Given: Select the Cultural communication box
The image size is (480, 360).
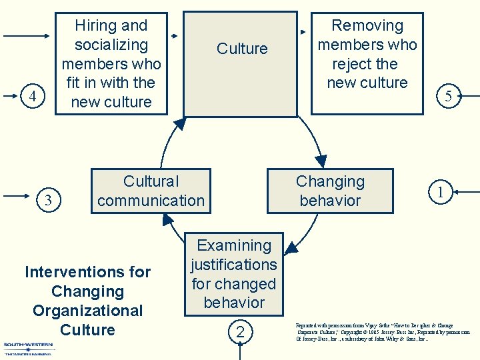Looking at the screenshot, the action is (151, 191).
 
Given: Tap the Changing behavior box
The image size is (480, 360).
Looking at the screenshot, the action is (330, 191).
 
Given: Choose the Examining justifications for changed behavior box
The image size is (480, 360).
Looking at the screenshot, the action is (233, 273).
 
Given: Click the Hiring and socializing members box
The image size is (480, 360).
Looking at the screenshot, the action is (111, 63).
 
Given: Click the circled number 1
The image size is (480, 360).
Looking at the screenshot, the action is (440, 193).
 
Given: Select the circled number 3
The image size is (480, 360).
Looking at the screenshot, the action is (47, 199).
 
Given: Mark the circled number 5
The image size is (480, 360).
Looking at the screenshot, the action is (448, 96).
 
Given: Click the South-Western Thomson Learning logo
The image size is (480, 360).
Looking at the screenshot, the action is (29, 348).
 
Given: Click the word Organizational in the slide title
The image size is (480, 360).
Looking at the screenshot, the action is (87, 311).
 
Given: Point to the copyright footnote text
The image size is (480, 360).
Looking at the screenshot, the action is (383, 332).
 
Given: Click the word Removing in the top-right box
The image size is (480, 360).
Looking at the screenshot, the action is (367, 26).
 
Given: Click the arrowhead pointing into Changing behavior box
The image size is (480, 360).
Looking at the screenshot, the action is (321, 161).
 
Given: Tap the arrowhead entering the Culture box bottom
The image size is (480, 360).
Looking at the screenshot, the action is (180, 123).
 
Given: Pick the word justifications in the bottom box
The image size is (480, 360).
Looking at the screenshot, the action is (233, 265).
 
